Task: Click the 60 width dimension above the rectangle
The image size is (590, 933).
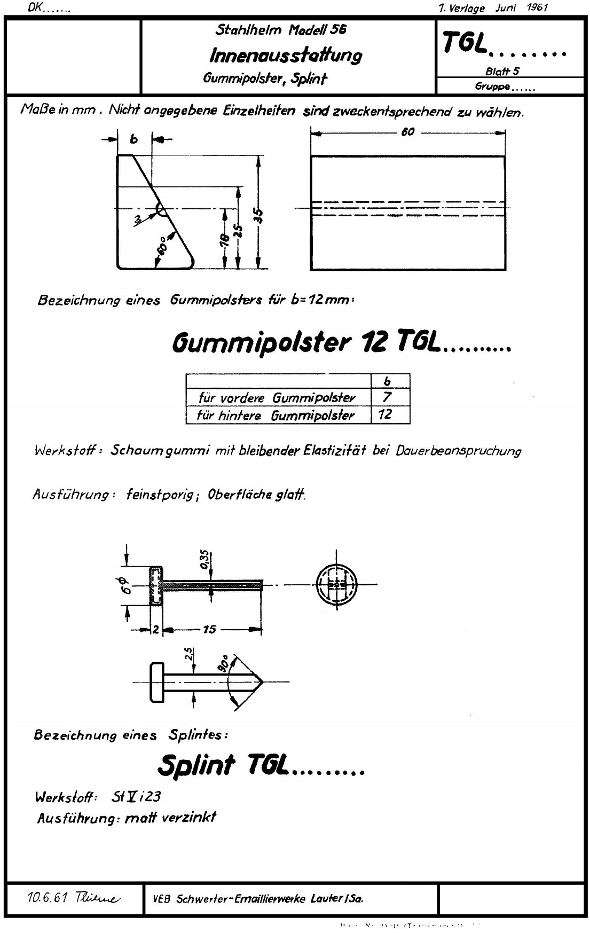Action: pyautogui.click(x=407, y=132)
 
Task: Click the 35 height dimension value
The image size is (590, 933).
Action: pyautogui.click(x=258, y=215)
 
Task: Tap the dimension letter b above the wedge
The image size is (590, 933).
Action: pyautogui.click(x=134, y=139)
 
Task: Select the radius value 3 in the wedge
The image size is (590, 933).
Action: pyautogui.click(x=138, y=219)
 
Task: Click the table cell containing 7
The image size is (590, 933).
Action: pyautogui.click(x=388, y=397)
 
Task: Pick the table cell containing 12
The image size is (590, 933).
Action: pyautogui.click(x=386, y=414)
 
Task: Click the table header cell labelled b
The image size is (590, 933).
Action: pyautogui.click(x=388, y=381)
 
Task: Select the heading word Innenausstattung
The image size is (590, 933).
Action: pyautogui.click(x=286, y=55)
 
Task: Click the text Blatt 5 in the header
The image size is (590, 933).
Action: pyautogui.click(x=502, y=71)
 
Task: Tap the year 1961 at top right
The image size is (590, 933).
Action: pyautogui.click(x=537, y=8)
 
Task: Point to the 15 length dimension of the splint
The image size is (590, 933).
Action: pyautogui.click(x=209, y=630)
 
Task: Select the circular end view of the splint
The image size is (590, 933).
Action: pyautogui.click(x=336, y=585)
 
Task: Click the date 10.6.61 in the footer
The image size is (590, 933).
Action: pyautogui.click(x=47, y=898)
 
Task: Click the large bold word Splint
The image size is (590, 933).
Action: pyautogui.click(x=196, y=765)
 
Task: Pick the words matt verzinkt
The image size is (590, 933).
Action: pyautogui.click(x=170, y=817)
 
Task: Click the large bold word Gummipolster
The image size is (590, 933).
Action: pyautogui.click(x=262, y=342)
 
